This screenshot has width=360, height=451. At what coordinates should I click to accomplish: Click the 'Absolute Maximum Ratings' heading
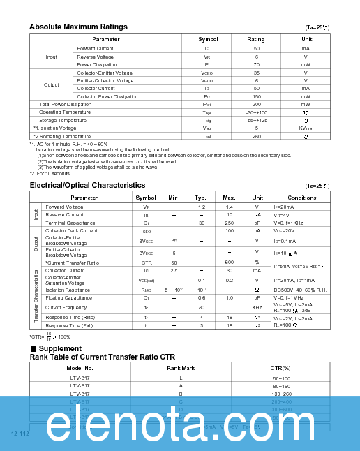(78, 27)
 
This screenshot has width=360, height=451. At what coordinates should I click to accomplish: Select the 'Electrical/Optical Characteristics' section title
(87, 185)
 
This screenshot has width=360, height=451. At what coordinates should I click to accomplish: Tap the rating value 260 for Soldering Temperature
(256, 137)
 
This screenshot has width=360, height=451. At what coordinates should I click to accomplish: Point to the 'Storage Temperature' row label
(63, 120)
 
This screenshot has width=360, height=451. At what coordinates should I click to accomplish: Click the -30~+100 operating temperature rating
(256, 112)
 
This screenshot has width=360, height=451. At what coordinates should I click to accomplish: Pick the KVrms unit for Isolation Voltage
(306, 128)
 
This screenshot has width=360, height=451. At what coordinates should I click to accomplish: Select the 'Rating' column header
(256, 39)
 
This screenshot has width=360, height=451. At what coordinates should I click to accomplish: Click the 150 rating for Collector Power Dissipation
(256, 96)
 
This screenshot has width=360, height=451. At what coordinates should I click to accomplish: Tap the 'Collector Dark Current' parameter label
(71, 230)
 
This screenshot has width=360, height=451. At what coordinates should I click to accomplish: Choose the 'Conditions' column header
(301, 198)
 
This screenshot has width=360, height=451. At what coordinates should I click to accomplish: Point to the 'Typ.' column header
(201, 198)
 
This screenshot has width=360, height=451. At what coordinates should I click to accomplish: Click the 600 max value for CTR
(229, 263)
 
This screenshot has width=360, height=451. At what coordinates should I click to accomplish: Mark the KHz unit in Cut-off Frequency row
(257, 307)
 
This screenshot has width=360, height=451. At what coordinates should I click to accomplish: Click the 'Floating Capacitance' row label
(68, 297)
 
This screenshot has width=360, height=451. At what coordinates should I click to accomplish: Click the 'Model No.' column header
(80, 368)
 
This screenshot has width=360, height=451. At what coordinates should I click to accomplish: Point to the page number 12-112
(20, 434)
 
